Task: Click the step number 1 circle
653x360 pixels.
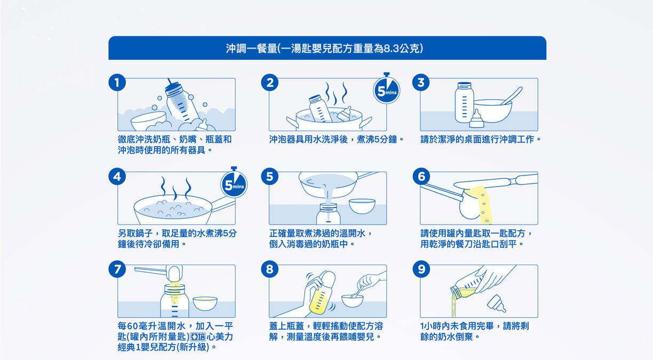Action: tap(117, 83)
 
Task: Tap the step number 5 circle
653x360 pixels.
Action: tap(269, 177)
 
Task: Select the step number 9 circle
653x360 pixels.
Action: tap(421, 269)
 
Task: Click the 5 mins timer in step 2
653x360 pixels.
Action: tap(387, 90)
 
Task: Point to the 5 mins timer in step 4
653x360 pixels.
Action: tap(234, 183)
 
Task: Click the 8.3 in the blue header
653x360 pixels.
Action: tap(391, 49)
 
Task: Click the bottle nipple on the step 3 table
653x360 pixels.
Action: tap(476, 119)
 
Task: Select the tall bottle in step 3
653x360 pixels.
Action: tap(464, 102)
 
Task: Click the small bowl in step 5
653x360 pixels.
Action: tap(362, 206)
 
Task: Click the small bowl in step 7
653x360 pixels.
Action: tap(205, 303)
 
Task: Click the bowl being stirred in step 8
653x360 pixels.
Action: tap(353, 301)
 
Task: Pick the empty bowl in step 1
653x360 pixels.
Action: tap(149, 121)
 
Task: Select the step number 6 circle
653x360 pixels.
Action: tap(421, 177)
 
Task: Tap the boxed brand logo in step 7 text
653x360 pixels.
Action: tap(198, 337)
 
